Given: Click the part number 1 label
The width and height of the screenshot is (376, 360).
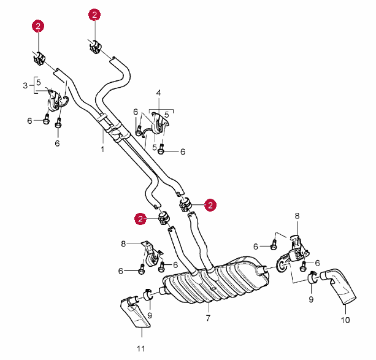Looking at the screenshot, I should [102, 148].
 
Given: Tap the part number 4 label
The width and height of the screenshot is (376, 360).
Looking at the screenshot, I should [158, 93].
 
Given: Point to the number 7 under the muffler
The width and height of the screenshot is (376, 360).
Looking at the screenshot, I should [208, 318].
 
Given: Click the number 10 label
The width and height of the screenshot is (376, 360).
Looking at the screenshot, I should [345, 320].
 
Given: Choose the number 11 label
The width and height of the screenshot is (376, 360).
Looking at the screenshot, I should [141, 349].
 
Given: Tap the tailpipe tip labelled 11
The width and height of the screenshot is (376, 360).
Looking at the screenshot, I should [136, 312].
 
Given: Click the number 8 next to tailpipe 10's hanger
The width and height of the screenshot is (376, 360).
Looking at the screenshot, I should [297, 216].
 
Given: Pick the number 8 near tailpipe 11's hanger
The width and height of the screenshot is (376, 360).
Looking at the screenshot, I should [123, 243].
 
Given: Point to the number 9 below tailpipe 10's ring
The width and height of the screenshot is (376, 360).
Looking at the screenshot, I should [310, 299].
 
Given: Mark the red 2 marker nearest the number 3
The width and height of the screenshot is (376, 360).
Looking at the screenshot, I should [39, 26].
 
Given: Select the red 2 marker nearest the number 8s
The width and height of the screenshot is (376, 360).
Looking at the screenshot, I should [210, 205].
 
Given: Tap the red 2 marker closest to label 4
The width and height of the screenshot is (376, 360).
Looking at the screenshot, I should [94, 15].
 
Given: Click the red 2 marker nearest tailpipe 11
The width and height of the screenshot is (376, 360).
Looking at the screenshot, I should [142, 218].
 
